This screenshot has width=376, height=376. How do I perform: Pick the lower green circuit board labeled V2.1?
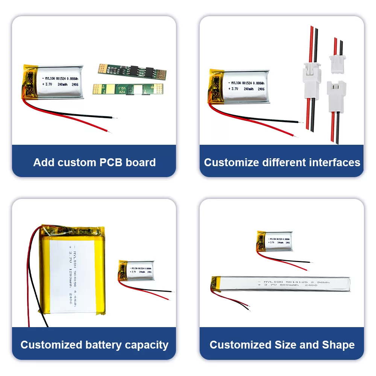point(128,89)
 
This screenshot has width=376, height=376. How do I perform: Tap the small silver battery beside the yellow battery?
point(137,270)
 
